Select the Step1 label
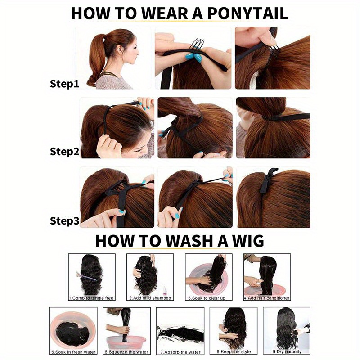64,84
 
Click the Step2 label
64,152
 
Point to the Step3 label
64,221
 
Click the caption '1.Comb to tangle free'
92,298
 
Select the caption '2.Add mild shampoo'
149,298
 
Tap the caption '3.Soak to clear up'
208,298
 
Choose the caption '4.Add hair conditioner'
266,298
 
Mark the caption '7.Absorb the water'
180,351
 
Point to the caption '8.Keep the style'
234,351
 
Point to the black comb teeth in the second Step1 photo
195,44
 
